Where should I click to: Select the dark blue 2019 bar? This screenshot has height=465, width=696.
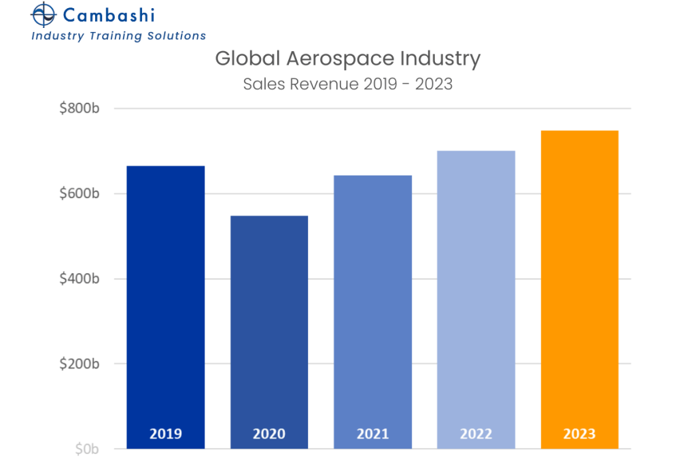[166, 306]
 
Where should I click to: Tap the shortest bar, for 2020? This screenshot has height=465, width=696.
[269, 330]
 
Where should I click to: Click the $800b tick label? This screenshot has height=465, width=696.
[80, 108]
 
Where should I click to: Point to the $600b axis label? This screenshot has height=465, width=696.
[80, 193]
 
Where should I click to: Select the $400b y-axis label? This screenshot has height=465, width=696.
[80, 278]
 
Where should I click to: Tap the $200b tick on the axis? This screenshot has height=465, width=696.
[80, 364]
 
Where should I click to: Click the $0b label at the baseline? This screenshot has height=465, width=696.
[87, 449]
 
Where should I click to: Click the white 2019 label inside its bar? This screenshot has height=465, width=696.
[166, 434]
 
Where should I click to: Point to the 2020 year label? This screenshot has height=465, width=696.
[269, 434]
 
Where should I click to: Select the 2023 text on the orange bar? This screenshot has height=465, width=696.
[579, 434]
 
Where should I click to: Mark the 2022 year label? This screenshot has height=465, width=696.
[476, 434]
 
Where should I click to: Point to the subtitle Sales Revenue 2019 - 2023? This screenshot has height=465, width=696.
[347, 84]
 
